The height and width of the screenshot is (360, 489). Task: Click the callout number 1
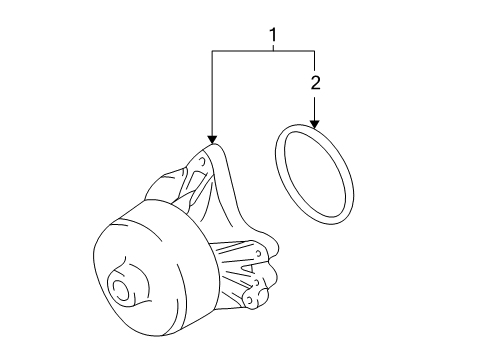click(273, 35)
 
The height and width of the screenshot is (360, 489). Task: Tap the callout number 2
click(315, 82)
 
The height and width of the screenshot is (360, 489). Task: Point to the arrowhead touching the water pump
click(212, 140)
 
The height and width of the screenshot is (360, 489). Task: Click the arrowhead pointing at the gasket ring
click(315, 125)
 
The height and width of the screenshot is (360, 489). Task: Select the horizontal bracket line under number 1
click(263, 51)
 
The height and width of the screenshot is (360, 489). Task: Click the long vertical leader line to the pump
click(212, 93)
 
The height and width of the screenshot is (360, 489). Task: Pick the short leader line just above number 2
click(315, 62)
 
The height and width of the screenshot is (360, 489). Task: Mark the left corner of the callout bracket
click(212, 51)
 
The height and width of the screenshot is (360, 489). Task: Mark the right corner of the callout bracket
click(315, 51)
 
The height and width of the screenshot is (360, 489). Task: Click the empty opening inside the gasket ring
click(315, 174)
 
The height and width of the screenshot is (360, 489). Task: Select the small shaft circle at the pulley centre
click(119, 287)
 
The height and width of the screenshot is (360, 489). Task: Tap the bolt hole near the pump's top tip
click(202, 161)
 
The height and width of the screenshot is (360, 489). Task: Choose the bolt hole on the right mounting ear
click(258, 253)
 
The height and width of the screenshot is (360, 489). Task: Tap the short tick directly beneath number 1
click(273, 47)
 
